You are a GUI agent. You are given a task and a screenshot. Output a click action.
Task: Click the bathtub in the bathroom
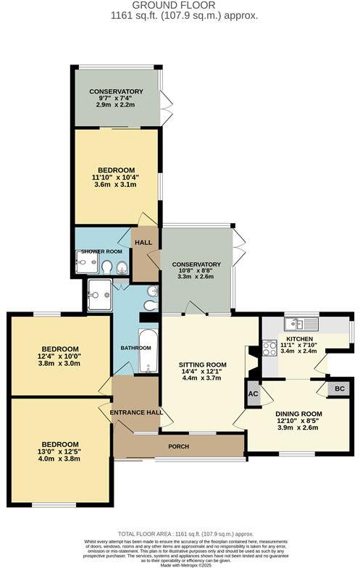(148, 351)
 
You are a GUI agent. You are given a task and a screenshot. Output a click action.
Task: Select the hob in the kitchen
(269, 348)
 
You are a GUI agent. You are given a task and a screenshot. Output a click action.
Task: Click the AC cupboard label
(253, 394)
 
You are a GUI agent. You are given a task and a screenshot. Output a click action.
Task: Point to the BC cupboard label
(339, 389)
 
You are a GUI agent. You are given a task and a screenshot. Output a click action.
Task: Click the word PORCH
(178, 446)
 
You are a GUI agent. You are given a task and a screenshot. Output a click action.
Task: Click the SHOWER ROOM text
(102, 251)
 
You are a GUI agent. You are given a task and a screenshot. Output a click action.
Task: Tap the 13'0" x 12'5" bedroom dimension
(59, 451)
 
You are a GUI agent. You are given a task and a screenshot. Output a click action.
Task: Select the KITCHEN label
(299, 338)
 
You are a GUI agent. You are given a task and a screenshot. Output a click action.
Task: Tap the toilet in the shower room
(107, 268)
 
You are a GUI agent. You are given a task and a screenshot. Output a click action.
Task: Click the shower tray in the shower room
(87, 267)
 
